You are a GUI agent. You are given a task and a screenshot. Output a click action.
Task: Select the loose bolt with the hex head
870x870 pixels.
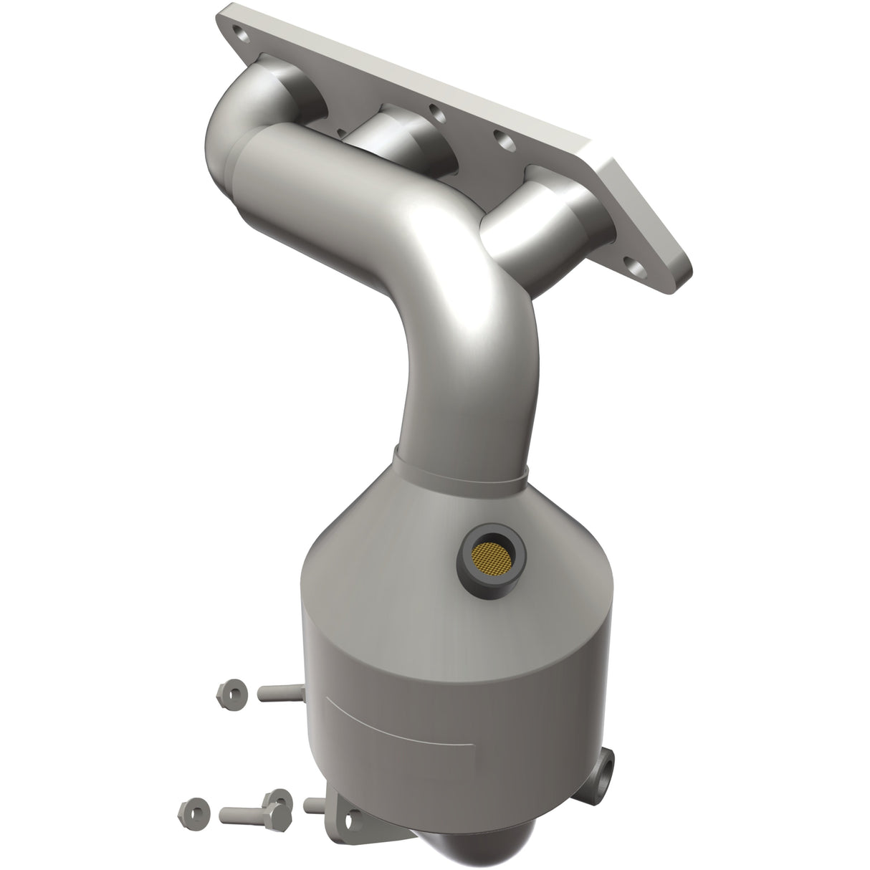pyautogui.click(x=244, y=813)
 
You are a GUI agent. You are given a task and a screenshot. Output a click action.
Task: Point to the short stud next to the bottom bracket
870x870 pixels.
pyautogui.click(x=315, y=804)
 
